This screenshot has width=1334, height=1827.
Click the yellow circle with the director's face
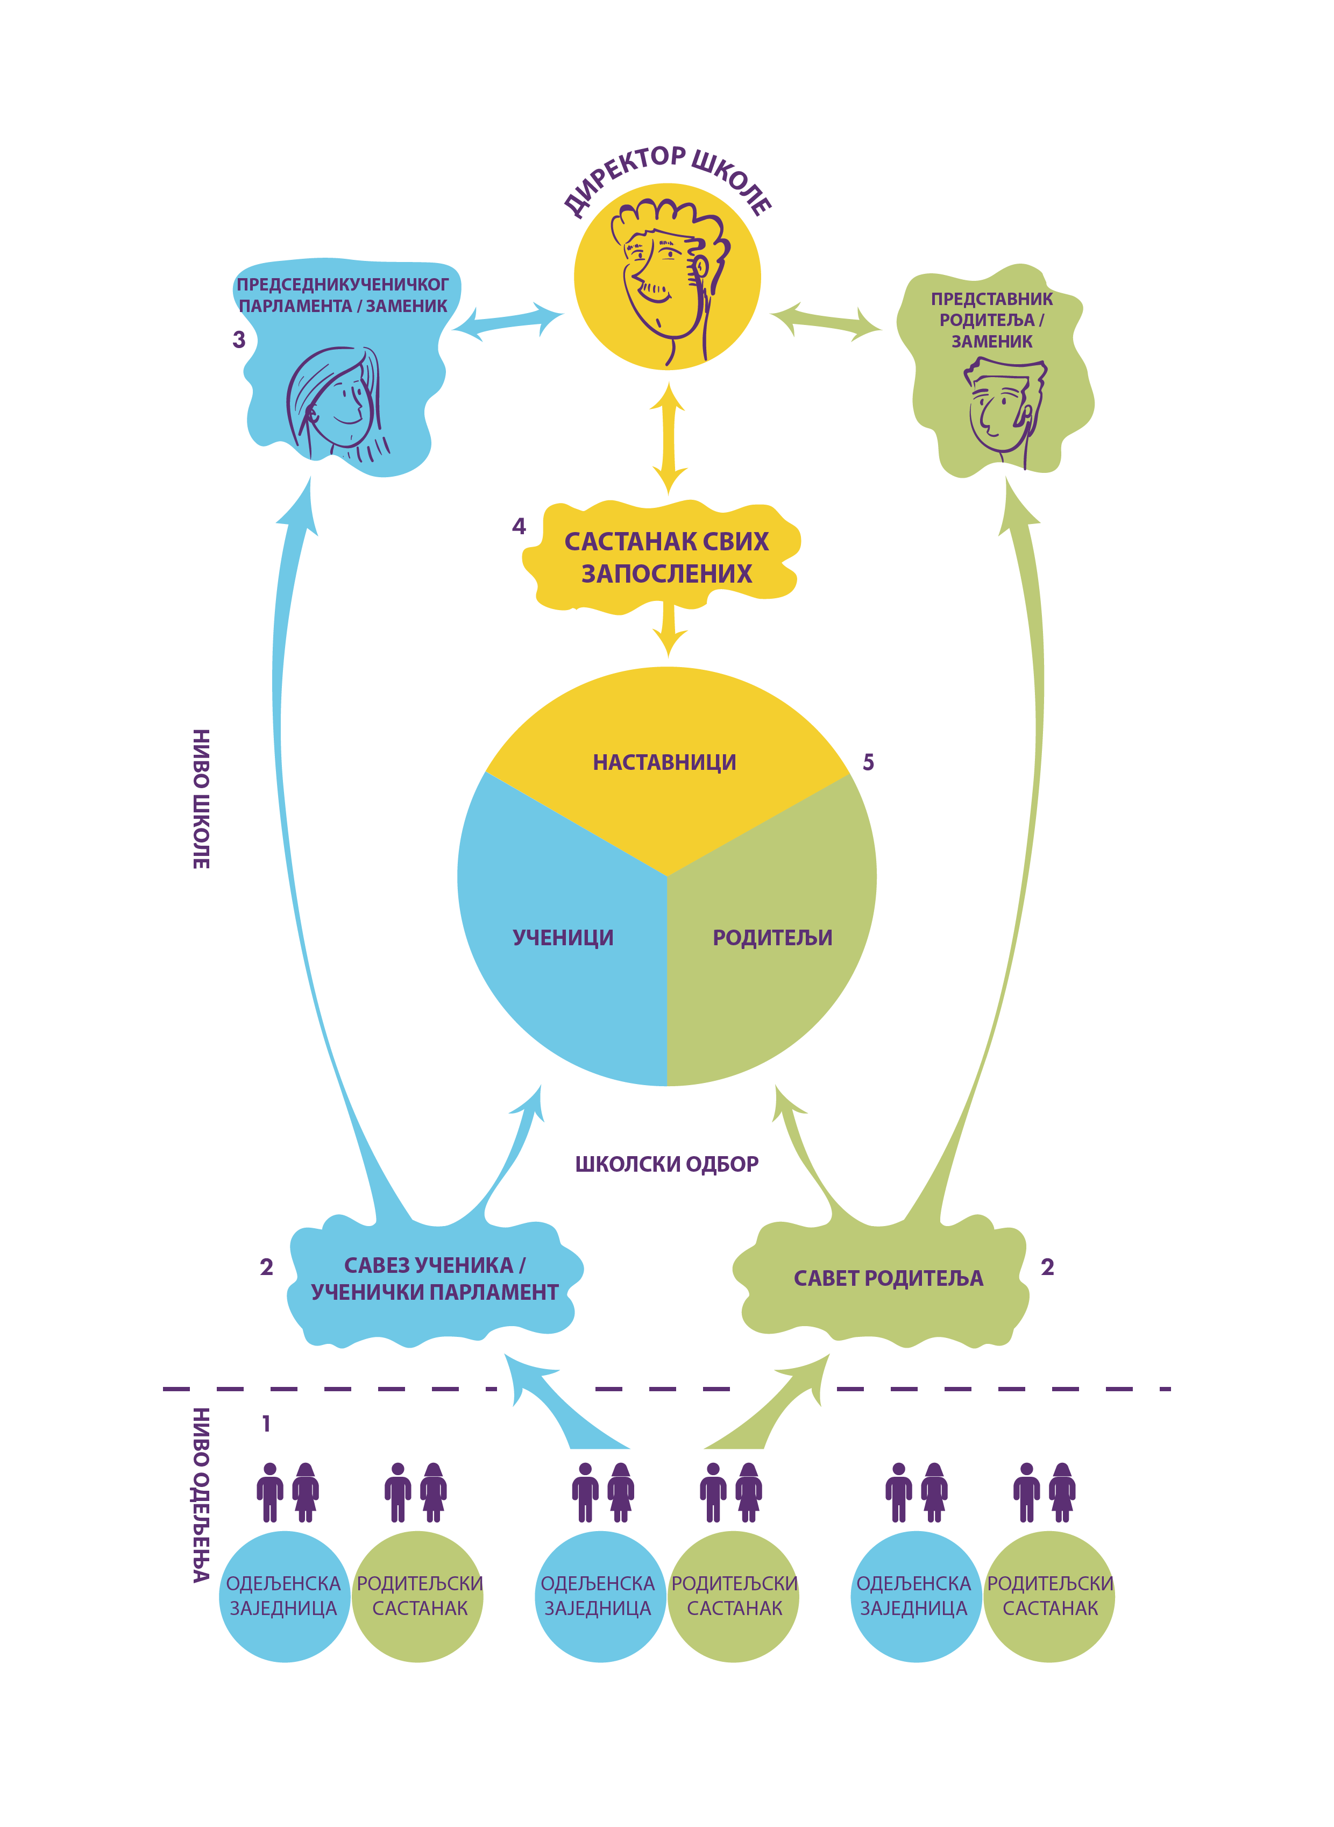click(x=667, y=277)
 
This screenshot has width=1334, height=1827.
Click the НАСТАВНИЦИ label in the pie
click(x=664, y=762)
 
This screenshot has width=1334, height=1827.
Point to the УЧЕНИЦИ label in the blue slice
click(x=563, y=937)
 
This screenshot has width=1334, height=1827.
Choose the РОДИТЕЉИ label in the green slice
click(x=772, y=937)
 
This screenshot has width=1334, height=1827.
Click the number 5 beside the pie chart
click(x=868, y=762)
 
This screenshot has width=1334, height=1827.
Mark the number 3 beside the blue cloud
click(x=238, y=339)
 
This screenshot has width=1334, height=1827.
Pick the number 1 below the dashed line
click(x=266, y=1422)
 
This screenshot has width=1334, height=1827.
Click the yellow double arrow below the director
click(x=668, y=438)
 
